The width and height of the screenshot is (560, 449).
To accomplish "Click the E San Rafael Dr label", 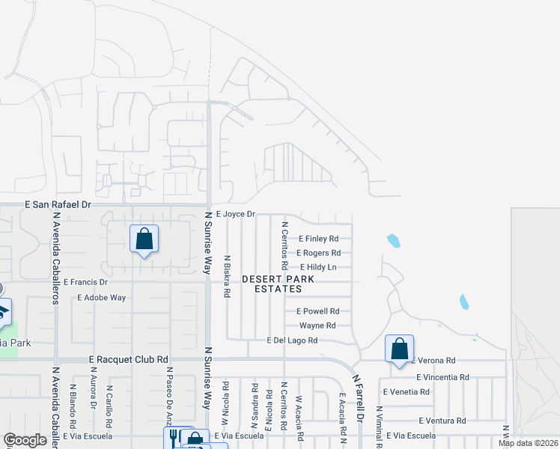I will [x=58, y=204].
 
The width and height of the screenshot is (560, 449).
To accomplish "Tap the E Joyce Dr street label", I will [x=236, y=214].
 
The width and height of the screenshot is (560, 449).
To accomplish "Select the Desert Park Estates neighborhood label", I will [x=272, y=284].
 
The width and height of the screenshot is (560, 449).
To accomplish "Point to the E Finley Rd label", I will [x=319, y=239].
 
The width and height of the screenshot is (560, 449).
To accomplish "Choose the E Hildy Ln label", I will [x=318, y=267].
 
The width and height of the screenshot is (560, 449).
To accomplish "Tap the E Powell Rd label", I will [x=318, y=311].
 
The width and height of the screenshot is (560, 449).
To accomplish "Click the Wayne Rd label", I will [x=317, y=326].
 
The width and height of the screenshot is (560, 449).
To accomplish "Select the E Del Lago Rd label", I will [x=293, y=340].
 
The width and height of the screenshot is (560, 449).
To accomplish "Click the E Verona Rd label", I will [x=433, y=360].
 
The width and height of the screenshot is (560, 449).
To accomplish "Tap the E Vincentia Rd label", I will [x=442, y=378].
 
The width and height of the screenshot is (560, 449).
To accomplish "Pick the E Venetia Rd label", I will [x=406, y=391].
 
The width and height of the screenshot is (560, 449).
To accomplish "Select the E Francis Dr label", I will [x=86, y=283].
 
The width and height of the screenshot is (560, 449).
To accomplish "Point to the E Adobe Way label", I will [x=101, y=298].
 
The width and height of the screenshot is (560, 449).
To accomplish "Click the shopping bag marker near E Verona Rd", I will [x=400, y=349].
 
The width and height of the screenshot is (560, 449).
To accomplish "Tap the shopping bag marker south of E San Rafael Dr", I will [x=144, y=239].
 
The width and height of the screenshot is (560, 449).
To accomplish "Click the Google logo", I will [x=25, y=441].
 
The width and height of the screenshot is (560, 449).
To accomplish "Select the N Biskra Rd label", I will [x=226, y=276].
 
